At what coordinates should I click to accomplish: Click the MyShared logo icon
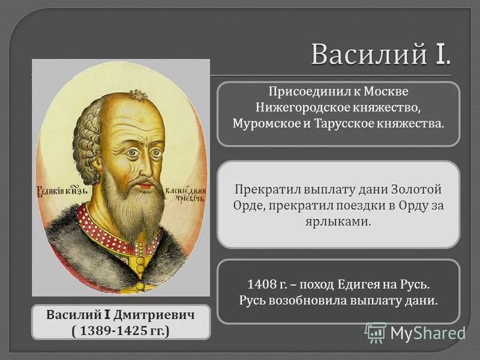376,332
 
